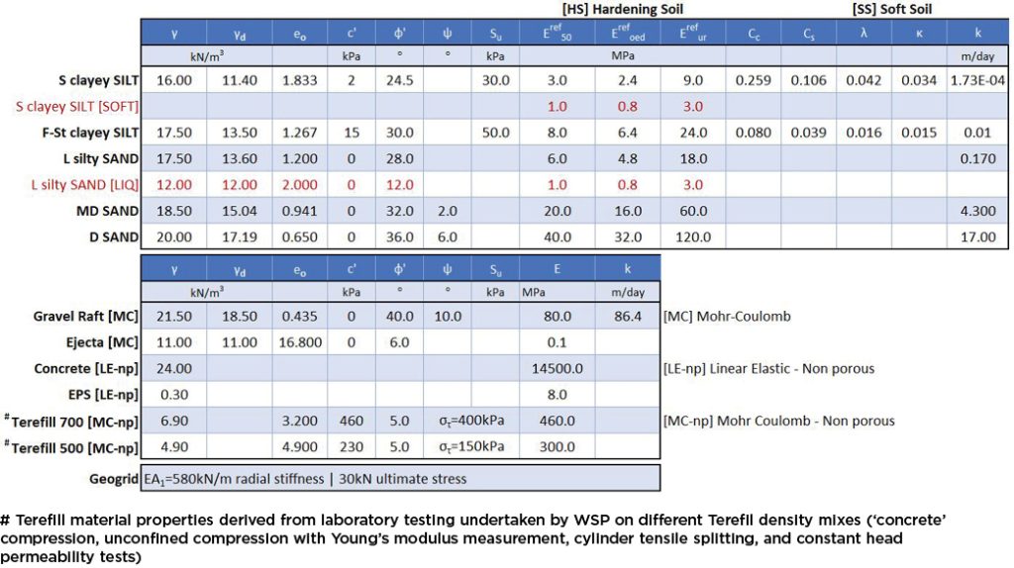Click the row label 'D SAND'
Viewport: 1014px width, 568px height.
point(109,237)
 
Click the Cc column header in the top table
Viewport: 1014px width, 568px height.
point(755,34)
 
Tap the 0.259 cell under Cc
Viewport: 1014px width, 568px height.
point(755,81)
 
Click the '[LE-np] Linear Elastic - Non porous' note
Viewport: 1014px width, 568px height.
point(768,369)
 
